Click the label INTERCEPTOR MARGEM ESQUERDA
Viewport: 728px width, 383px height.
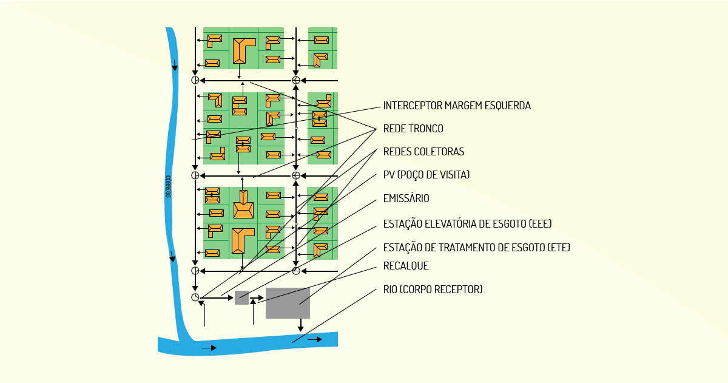point(457,106)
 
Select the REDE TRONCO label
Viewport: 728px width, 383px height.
point(413,129)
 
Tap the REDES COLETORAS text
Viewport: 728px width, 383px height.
point(423,152)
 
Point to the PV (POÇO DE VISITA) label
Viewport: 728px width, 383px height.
point(426,175)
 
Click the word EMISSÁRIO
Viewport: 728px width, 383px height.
point(406,198)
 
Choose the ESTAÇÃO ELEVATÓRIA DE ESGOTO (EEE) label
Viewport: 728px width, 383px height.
point(467,224)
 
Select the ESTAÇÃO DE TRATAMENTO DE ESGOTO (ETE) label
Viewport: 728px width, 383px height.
point(476,248)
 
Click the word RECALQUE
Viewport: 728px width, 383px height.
point(406,266)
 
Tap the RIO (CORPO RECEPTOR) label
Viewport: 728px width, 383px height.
point(433,290)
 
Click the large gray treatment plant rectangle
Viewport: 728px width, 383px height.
point(288,303)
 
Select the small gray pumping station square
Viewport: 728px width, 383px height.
point(242,297)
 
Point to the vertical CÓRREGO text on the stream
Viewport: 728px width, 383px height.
point(167,186)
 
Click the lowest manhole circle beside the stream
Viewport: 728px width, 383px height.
point(195,297)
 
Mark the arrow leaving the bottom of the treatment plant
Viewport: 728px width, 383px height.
point(301,325)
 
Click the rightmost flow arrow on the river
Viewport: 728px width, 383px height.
point(315,339)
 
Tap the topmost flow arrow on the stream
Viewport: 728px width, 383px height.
point(175,66)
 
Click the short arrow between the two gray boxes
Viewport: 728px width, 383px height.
point(257,298)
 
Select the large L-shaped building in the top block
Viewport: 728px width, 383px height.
point(244,51)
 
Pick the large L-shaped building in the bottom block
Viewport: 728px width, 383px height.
point(243,241)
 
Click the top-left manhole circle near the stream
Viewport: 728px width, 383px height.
point(195,80)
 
